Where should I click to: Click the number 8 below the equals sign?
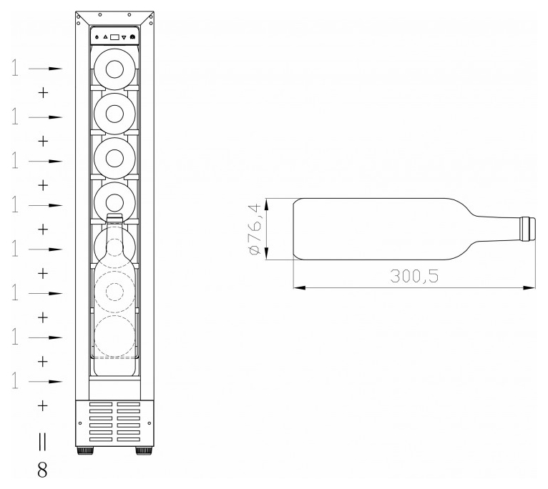coord(42,470)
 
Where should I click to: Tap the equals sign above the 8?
coord(42,442)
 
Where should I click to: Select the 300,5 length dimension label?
coord(414,276)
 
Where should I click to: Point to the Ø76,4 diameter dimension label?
coord(256,229)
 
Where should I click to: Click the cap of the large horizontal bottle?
coord(527,229)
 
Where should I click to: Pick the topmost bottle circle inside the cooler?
coord(114,69)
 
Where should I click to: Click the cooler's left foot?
coord(85,450)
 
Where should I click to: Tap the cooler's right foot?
coord(144,450)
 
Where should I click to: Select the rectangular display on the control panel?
coord(114,37)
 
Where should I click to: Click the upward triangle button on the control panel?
coord(105,36)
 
